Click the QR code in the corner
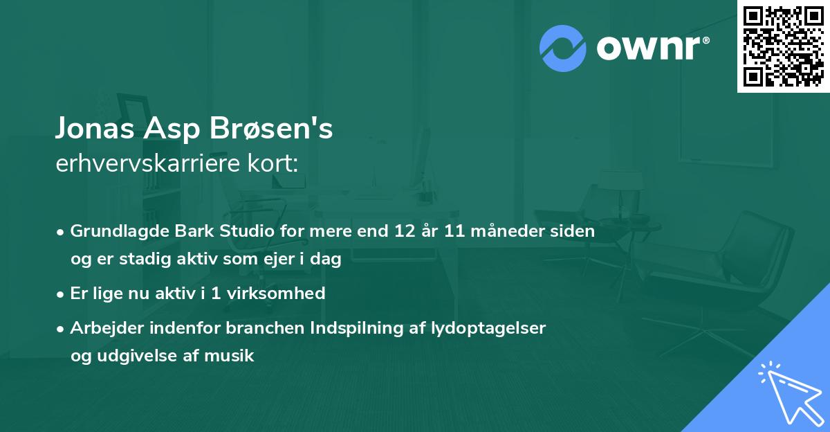pos(783,46)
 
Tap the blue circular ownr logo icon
pos(563,48)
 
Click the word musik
pos(232,357)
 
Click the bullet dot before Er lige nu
pos(62,294)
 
